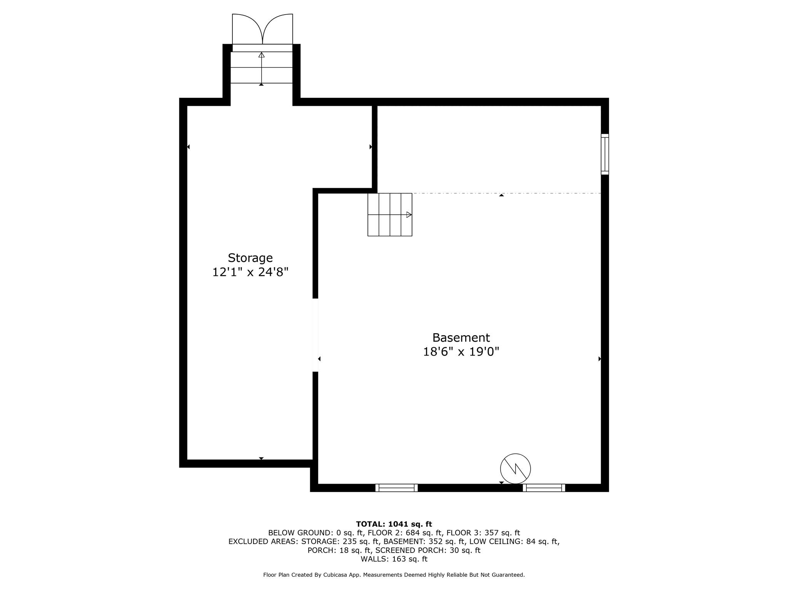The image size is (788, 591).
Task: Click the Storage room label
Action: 250,257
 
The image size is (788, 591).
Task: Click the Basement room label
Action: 461,337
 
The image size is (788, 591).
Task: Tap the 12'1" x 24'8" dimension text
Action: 250,272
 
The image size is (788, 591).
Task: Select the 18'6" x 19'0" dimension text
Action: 461,352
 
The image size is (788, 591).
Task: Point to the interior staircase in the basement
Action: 389,214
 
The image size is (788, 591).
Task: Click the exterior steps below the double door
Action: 261,68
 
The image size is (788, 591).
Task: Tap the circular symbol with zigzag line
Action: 515,469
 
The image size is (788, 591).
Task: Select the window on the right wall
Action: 605,154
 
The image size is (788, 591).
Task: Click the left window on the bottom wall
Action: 396,488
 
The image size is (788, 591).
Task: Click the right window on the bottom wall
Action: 544,488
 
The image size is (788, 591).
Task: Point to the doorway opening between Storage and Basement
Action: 315,335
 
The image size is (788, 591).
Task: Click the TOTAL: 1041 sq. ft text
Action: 394,524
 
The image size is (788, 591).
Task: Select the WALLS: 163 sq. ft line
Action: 394,559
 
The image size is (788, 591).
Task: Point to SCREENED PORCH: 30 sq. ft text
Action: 428,550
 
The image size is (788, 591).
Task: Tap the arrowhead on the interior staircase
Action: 409,215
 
